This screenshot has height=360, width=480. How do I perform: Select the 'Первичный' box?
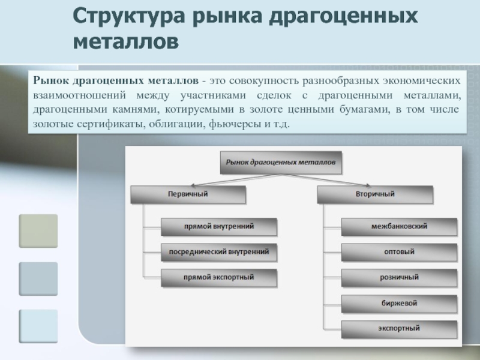pos(187,194)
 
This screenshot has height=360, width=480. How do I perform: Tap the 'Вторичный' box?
pos(374,194)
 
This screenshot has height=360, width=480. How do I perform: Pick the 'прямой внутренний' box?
pos(219,227)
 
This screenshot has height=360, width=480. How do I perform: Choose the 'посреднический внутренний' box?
pos(219,253)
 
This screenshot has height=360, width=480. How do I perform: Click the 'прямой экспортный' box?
pos(219,278)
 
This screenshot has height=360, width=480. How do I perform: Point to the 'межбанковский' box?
pos(399,227)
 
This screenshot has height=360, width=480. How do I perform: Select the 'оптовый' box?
pos(399,253)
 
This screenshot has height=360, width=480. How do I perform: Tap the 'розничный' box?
pos(399,278)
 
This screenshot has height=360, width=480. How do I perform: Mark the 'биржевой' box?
pos(399,303)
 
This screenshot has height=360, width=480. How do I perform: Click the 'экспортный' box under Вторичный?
pos(399,329)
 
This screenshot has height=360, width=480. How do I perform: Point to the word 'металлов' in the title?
pos(126,42)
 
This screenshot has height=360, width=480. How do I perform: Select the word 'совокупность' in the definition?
pos(268,80)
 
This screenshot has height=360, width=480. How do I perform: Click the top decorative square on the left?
pos(38,231)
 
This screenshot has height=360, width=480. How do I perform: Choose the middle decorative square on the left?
pos(38,279)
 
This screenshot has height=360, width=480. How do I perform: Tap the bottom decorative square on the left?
pos(38,326)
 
